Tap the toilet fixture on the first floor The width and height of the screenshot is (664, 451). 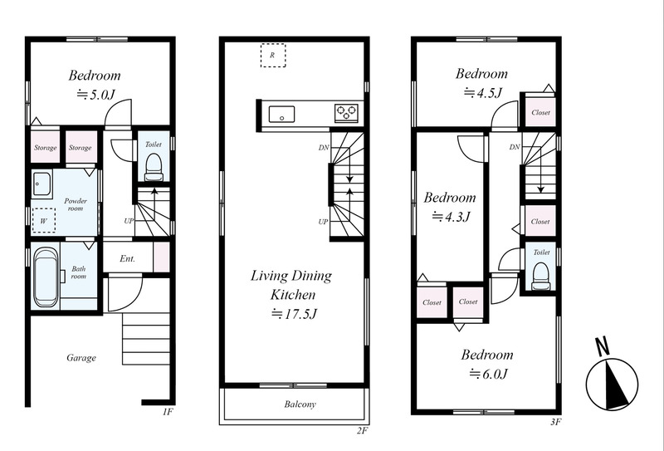(x=154, y=168)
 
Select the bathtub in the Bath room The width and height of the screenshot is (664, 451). (x=46, y=277)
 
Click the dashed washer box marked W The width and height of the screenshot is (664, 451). (x=44, y=220)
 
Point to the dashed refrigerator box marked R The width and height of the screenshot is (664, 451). (x=273, y=55)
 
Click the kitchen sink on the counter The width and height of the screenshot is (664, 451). (x=281, y=114)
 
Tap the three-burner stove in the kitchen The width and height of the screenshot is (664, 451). (x=346, y=113)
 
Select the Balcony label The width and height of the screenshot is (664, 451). (x=300, y=404)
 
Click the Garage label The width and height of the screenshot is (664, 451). (x=81, y=358)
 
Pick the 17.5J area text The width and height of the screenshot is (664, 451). (x=294, y=314)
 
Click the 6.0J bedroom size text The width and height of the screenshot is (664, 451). (x=488, y=374)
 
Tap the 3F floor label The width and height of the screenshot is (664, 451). (x=556, y=422)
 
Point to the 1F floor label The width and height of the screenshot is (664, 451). (x=168, y=412)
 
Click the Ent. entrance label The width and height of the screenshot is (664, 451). (x=127, y=258)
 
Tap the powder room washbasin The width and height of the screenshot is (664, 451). (x=41, y=184)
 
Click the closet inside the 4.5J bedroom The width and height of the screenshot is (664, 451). (x=540, y=111)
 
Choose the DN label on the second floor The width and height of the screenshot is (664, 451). (x=324, y=148)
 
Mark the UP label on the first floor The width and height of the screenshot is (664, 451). (x=129, y=221)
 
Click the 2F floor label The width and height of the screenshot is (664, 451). (x=362, y=431)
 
